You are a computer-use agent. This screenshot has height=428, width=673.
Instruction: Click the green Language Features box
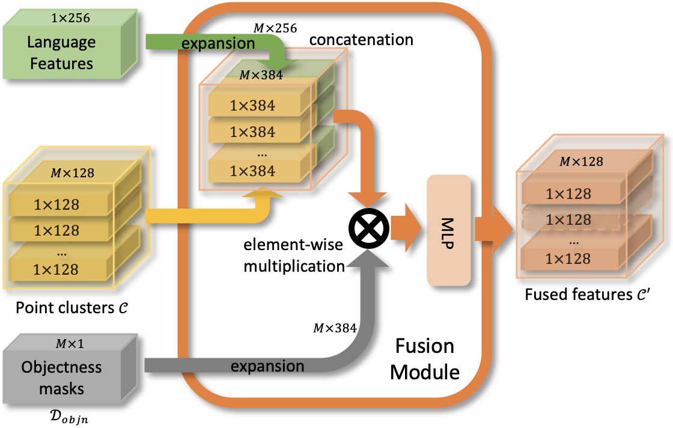click(70, 44)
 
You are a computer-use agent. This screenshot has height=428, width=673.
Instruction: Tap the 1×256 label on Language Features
click(70, 18)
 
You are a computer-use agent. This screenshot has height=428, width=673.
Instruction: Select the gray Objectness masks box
click(70, 370)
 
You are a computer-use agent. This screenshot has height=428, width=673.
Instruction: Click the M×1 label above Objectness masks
click(70, 343)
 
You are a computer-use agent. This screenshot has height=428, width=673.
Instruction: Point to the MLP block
click(448, 230)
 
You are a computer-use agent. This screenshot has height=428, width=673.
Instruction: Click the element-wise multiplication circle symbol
click(369, 228)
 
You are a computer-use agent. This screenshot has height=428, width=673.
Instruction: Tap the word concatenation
click(361, 40)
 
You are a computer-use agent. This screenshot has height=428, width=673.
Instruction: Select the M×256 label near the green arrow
click(275, 28)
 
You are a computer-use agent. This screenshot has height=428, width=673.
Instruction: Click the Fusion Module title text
click(425, 359)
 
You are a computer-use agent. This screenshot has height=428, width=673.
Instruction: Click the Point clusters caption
click(72, 308)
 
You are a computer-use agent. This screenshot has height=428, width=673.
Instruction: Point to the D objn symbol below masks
click(69, 417)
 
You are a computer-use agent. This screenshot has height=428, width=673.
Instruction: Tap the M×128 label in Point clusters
click(73, 173)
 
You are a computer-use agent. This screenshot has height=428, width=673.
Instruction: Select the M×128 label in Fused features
click(582, 162)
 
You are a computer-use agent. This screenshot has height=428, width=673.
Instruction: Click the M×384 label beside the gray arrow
click(335, 328)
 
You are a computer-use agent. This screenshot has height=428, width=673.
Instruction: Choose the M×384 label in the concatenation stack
click(261, 75)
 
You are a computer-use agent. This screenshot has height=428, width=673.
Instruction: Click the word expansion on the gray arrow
click(267, 366)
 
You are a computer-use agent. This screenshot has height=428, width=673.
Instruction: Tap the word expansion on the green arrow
click(218, 43)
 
